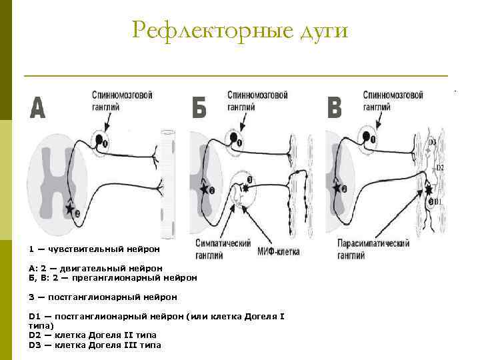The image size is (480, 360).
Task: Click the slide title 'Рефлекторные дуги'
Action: point(240,30)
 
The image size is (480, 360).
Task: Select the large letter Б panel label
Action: point(199,108)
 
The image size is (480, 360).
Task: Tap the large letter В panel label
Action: point(335,108)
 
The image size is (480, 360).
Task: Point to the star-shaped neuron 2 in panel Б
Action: point(203,189)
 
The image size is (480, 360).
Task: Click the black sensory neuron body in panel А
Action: point(100,140)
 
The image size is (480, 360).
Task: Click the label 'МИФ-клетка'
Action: point(279,252)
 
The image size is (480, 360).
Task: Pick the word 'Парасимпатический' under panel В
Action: point(373,245)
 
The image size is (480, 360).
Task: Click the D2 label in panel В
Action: point(440,167)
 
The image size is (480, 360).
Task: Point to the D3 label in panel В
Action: point(432,142)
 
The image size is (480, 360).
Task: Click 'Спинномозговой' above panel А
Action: point(122,95)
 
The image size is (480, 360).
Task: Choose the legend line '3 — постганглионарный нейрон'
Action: point(103,297)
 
